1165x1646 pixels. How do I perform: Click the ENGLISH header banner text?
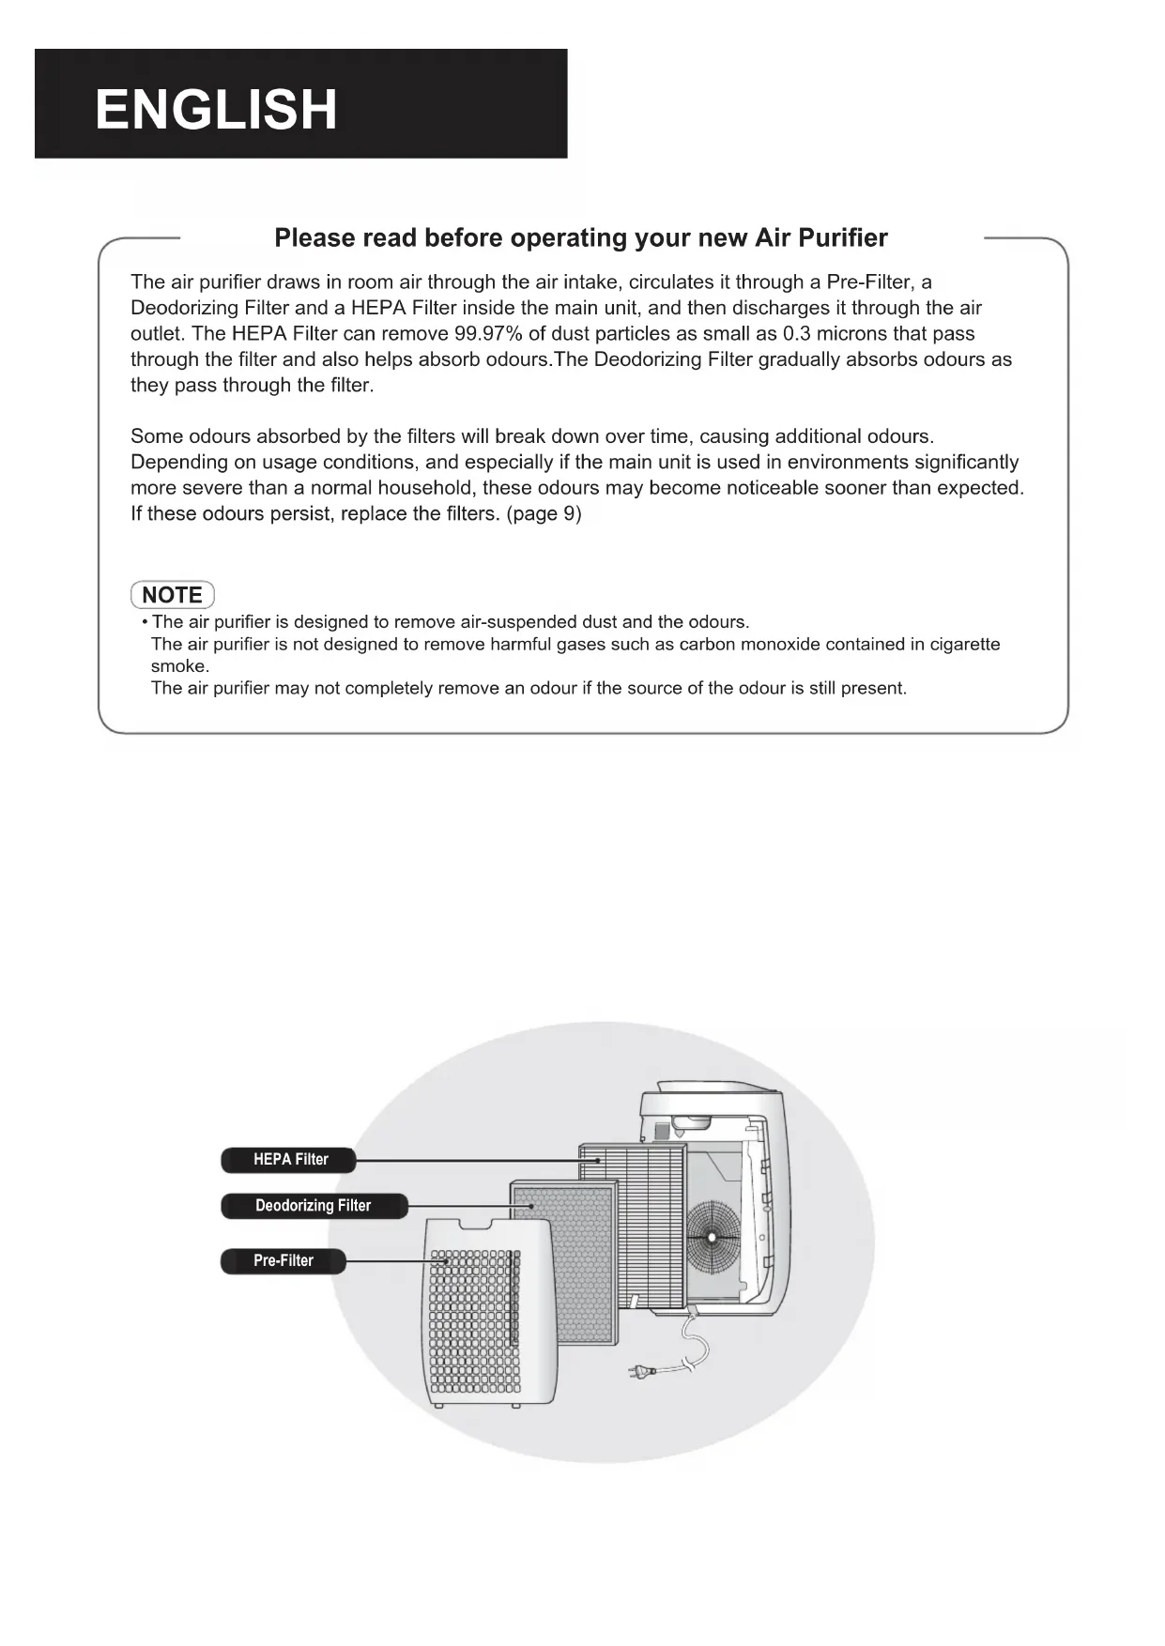pyautogui.click(x=216, y=109)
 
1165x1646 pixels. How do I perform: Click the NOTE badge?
pyautogui.click(x=173, y=595)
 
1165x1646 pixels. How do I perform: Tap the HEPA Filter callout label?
pyautogui.click(x=289, y=1160)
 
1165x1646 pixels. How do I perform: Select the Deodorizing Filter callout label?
pyautogui.click(x=314, y=1206)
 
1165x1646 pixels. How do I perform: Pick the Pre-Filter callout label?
pyautogui.click(x=283, y=1261)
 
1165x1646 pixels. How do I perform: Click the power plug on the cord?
pyautogui.click(x=642, y=1373)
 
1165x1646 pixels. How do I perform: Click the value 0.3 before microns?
pyautogui.click(x=797, y=334)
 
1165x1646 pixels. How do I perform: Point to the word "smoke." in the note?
pyautogui.click(x=180, y=666)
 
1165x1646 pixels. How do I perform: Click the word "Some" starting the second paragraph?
pyautogui.click(x=157, y=436)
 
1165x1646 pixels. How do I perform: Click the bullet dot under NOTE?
pyautogui.click(x=145, y=623)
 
